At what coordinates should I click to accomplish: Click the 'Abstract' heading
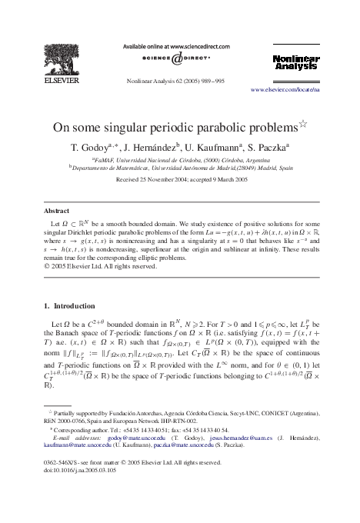(x=56, y=210)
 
